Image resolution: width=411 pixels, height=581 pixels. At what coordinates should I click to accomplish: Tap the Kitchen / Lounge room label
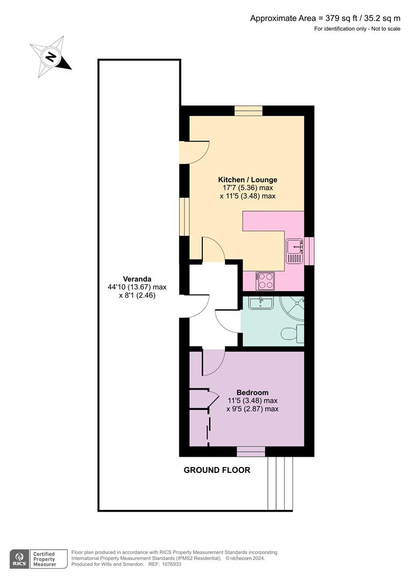(247, 179)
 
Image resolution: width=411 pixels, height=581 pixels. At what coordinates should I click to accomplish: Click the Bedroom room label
(252, 392)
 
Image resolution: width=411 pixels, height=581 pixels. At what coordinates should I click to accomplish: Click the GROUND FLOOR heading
(217, 470)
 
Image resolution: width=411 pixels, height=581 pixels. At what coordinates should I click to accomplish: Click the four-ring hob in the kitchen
(266, 280)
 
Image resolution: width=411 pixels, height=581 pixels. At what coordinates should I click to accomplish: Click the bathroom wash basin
(261, 303)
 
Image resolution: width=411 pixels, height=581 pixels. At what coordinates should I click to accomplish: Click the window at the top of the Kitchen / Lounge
(248, 111)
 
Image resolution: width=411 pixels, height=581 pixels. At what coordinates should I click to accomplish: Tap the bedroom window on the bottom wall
(251, 451)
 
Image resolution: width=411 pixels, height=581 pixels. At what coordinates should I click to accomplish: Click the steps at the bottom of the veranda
(280, 483)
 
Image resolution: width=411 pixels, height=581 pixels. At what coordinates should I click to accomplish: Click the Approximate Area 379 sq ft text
(325, 18)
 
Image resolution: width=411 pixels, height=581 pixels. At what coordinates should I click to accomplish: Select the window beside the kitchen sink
(309, 251)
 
